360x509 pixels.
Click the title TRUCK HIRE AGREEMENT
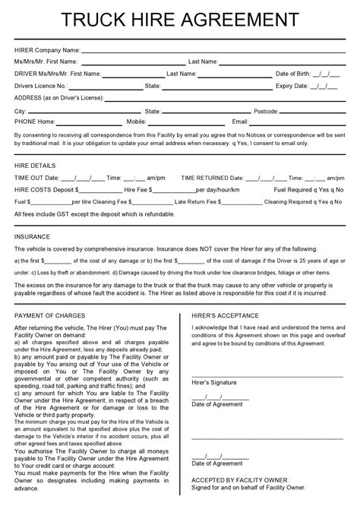(180, 18)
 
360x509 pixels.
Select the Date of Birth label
(292, 74)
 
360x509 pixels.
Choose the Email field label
(240, 122)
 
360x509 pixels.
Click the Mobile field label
(137, 122)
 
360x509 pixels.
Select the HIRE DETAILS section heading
(35, 164)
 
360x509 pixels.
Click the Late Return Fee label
(196, 202)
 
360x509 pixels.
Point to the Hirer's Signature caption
(214, 382)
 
